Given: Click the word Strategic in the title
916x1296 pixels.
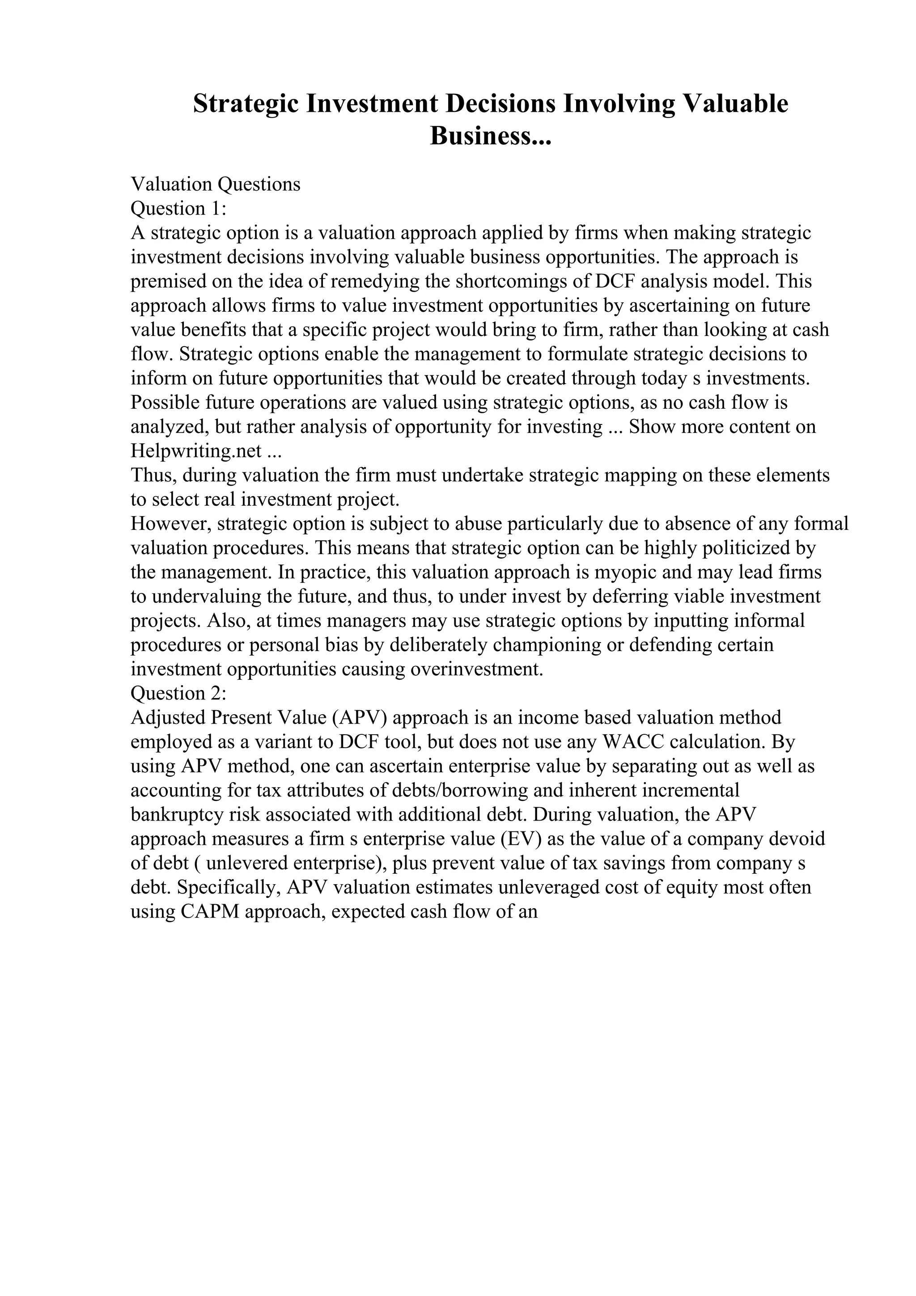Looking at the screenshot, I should (246, 104).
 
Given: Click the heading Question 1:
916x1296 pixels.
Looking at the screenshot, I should (178, 208).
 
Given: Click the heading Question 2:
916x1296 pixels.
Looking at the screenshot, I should (178, 693).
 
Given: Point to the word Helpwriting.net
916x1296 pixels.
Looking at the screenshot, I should (196, 451).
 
